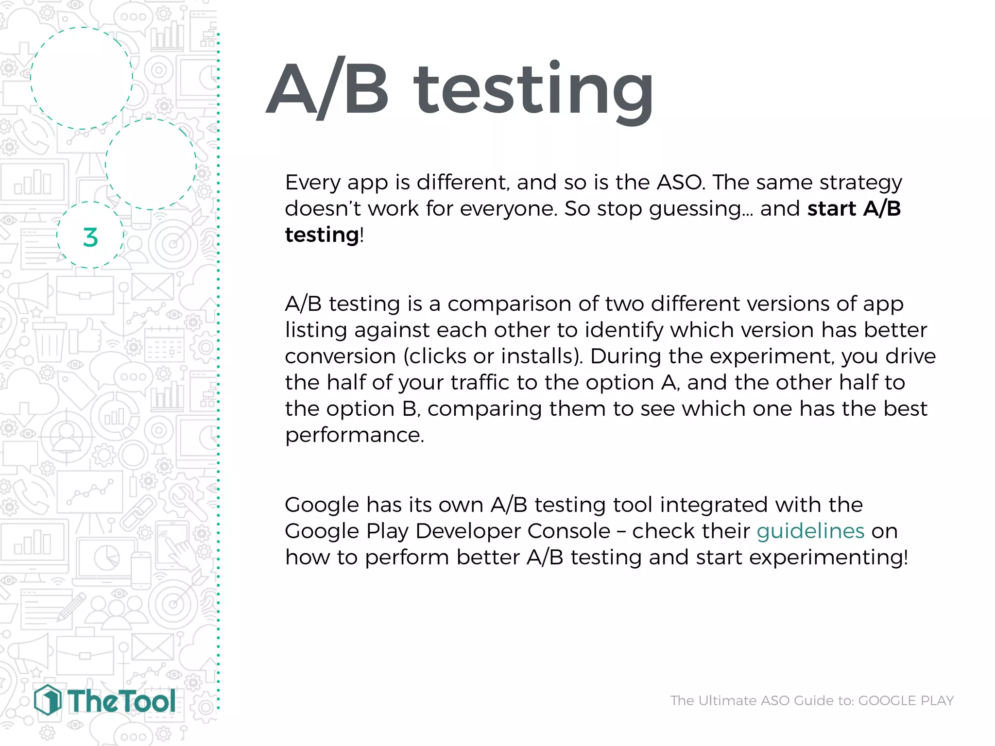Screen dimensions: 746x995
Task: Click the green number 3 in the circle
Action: (90, 237)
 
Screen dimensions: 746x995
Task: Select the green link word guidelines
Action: (810, 531)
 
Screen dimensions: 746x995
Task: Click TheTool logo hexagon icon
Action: (48, 700)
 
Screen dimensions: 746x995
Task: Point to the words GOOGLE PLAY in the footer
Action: (906, 700)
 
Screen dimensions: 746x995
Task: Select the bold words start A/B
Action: (854, 209)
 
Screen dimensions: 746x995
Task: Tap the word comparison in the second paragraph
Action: (509, 304)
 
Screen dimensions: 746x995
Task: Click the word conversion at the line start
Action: (340, 356)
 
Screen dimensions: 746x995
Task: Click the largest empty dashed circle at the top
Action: (82, 78)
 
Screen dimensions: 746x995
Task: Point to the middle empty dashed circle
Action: (151, 164)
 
